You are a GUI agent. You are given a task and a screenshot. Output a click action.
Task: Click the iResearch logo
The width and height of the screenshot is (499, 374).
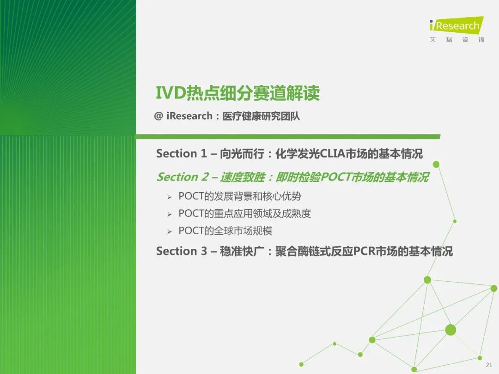click(456, 25)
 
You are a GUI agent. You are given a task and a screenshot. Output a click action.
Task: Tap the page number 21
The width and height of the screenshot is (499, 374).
click(489, 365)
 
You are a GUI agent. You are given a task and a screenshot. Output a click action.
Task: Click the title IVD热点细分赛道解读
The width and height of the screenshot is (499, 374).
click(237, 93)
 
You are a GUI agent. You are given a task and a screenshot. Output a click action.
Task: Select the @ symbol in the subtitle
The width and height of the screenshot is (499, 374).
click(158, 116)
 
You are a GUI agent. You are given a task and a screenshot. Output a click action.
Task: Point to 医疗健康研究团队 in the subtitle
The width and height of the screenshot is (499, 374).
click(261, 116)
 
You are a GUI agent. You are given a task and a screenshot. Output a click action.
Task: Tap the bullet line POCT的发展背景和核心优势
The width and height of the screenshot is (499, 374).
click(240, 196)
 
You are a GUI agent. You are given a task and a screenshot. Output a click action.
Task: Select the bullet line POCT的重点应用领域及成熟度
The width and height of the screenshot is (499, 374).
click(244, 213)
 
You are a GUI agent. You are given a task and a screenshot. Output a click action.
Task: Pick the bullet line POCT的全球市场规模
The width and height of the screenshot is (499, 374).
click(225, 230)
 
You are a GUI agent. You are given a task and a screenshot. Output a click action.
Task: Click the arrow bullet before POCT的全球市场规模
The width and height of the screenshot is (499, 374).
click(169, 231)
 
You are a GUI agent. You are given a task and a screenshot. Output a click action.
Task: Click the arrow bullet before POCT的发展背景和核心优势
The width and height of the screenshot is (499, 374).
click(169, 197)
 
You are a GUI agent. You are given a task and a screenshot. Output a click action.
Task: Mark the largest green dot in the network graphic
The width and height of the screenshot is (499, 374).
click(450, 330)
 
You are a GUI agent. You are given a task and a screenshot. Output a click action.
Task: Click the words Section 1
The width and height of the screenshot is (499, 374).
click(182, 154)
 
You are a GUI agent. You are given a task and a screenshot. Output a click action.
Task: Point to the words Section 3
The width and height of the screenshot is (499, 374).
click(182, 251)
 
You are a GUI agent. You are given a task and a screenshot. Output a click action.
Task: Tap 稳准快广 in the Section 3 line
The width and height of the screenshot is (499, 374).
click(242, 251)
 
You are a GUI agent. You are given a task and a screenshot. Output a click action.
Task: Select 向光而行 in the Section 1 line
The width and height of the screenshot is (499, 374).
click(242, 154)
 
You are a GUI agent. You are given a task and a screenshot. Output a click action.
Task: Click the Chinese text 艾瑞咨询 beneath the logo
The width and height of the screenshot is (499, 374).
click(457, 39)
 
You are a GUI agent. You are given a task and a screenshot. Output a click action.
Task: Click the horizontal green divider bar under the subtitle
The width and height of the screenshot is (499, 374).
click(288, 136)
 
